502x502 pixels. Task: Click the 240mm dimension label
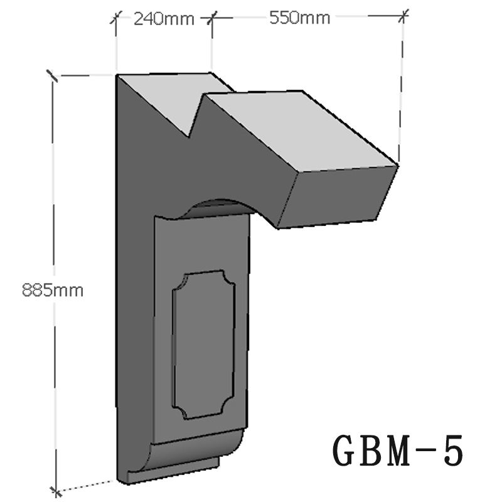(x=164, y=18)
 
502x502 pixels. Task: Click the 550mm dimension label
(x=299, y=18)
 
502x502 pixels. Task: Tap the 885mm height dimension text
(x=52, y=290)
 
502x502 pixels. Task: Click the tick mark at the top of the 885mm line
(x=52, y=77)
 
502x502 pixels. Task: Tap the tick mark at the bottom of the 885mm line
(x=56, y=489)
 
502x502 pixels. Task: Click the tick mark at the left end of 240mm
(x=115, y=18)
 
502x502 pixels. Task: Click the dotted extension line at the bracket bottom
(x=88, y=484)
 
